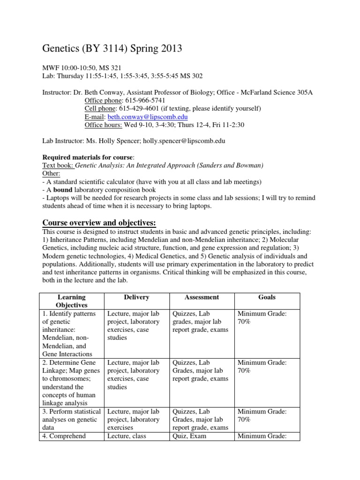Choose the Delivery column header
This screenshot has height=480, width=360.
[136, 297]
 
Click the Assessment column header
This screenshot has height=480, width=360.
[202, 297]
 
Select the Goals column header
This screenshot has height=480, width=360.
[267, 297]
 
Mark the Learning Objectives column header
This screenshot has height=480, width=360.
[71, 301]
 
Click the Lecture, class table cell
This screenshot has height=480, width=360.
[127, 436]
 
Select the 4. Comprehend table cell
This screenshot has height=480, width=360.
[64, 436]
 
